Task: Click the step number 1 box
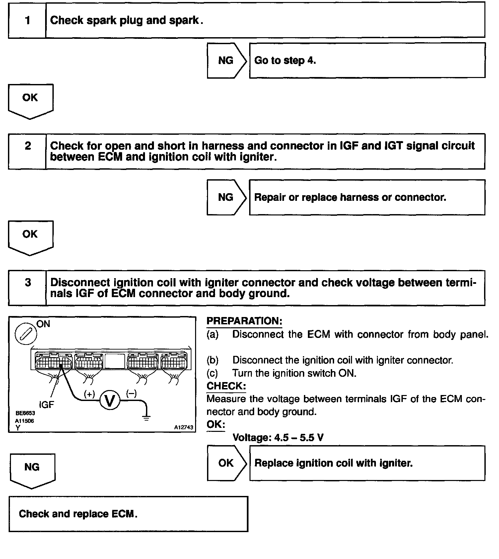click(x=27, y=21)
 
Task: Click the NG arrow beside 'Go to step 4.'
click(x=227, y=60)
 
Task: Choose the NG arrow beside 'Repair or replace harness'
click(x=227, y=198)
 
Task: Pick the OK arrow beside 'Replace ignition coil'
click(x=227, y=463)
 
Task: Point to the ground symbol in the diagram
click(x=146, y=418)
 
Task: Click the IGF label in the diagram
click(x=46, y=405)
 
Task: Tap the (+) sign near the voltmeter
click(x=89, y=394)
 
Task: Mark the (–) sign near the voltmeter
click(x=131, y=394)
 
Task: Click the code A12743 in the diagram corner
click(x=183, y=428)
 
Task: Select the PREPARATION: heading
click(x=244, y=321)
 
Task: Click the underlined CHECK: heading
click(x=226, y=386)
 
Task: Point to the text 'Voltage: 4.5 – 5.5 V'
click(x=278, y=438)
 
